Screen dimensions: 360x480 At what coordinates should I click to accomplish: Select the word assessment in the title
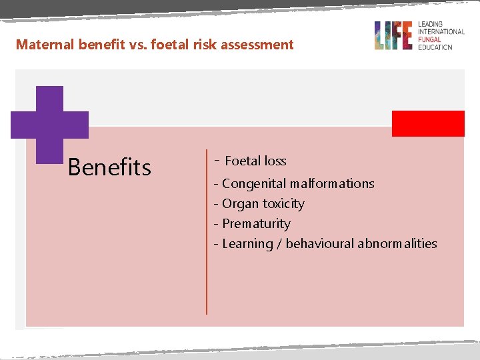(x=256, y=45)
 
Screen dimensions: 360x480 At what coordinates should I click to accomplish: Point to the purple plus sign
(x=49, y=124)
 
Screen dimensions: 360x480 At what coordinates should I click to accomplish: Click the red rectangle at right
(x=427, y=123)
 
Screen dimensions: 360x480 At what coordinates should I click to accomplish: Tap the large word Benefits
(x=109, y=167)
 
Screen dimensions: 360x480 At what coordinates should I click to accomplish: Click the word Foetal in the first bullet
(x=243, y=161)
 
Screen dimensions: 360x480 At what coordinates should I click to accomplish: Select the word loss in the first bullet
(x=275, y=161)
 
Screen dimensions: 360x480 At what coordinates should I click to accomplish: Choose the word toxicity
(x=283, y=203)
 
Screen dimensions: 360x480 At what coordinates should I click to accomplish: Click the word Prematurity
(x=256, y=223)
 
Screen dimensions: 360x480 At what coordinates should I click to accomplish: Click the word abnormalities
(x=397, y=243)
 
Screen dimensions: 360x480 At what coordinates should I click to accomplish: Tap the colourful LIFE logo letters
(x=393, y=35)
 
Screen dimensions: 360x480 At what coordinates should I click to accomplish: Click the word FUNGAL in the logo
(x=430, y=39)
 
